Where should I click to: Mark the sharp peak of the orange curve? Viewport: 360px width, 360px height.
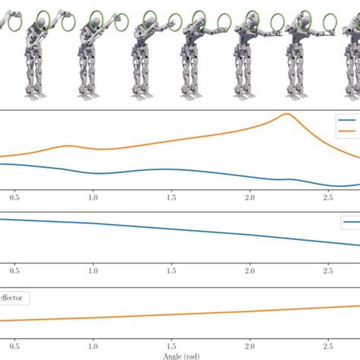pyautogui.click(x=286, y=114)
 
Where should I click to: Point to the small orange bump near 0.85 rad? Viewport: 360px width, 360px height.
pyautogui.click(x=68, y=146)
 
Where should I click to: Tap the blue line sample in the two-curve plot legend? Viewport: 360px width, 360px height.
pyautogui.click(x=348, y=121)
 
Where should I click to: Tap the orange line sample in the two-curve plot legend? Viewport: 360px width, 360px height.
pyautogui.click(x=348, y=131)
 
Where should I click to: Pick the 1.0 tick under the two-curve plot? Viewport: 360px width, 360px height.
pyautogui.click(x=93, y=197)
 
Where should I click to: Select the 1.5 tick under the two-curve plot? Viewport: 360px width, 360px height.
pyautogui.click(x=172, y=197)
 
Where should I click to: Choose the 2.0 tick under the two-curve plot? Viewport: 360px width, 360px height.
pyautogui.click(x=250, y=197)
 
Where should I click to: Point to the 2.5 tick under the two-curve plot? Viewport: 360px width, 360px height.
pyautogui.click(x=328, y=197)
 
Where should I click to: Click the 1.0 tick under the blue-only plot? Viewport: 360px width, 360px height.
pyautogui.click(x=93, y=270)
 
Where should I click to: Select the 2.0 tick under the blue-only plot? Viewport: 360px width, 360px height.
pyautogui.click(x=250, y=270)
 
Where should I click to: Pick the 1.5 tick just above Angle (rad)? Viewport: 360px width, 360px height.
pyautogui.click(x=172, y=344)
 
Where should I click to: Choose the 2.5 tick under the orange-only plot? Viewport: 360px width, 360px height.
pyautogui.click(x=328, y=344)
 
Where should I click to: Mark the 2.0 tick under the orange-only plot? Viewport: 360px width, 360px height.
pyautogui.click(x=250, y=344)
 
